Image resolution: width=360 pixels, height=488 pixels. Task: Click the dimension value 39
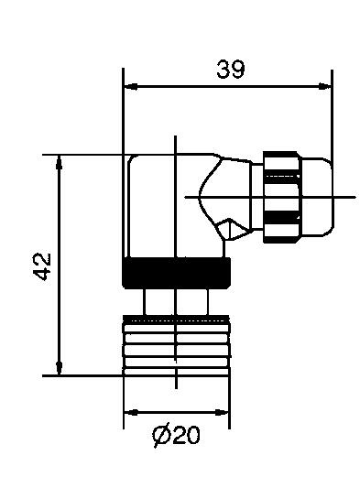[230, 70]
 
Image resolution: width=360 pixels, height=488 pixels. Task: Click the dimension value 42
[40, 265]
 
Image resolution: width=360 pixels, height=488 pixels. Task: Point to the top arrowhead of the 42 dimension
[60, 161]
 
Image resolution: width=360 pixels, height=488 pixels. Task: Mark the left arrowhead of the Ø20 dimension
[129, 411]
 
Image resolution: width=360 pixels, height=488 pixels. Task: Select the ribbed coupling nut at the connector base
[176, 345]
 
